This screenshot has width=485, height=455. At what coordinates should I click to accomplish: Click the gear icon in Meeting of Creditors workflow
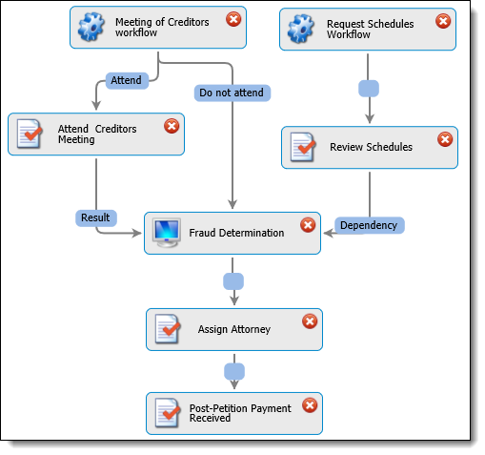(x=91, y=27)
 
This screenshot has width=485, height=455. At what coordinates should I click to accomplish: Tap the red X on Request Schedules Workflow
(x=443, y=21)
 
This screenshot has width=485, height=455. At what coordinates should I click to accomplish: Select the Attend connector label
(x=127, y=80)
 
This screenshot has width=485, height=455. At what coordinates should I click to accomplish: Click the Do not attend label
(x=232, y=93)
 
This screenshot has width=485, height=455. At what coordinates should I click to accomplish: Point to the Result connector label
(x=96, y=217)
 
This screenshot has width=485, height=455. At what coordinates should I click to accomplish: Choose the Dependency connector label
(x=370, y=225)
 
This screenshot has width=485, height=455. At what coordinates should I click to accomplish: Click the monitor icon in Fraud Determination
(x=167, y=233)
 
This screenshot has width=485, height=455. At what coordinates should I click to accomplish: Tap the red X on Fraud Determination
(x=308, y=225)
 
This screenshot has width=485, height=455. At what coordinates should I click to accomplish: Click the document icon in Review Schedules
(x=303, y=147)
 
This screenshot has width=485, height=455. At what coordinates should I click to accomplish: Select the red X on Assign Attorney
(x=310, y=321)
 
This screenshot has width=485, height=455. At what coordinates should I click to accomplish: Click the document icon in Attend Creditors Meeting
(x=30, y=134)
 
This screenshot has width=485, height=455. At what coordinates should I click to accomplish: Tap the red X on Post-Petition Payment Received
(x=310, y=405)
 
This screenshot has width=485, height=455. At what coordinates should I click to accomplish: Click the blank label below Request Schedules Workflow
(x=369, y=89)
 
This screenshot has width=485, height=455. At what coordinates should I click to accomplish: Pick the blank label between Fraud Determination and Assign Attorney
(x=233, y=281)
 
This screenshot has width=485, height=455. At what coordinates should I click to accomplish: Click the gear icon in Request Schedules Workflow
(x=301, y=29)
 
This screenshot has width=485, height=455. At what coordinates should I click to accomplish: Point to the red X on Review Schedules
(x=445, y=139)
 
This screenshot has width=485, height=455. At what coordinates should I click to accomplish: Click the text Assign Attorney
(x=234, y=329)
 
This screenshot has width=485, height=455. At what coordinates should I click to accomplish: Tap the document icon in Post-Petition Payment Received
(x=168, y=413)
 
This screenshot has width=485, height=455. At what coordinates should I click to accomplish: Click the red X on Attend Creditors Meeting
(x=172, y=126)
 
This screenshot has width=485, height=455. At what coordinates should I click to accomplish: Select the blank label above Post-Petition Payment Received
(x=234, y=371)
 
